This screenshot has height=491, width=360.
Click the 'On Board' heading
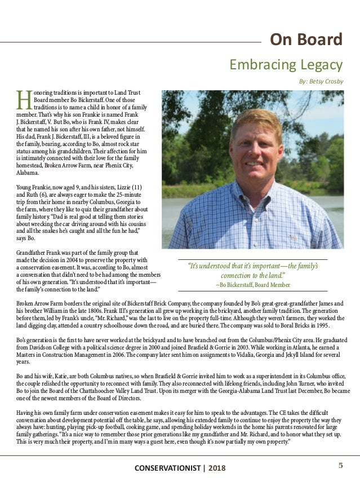[306, 40]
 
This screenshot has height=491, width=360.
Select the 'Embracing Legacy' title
[286, 64]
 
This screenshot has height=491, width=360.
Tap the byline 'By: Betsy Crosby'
[321, 81]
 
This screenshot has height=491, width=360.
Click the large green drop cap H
[23, 100]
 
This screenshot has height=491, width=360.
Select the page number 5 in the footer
[340, 465]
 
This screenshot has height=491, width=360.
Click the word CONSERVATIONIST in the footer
[167, 468]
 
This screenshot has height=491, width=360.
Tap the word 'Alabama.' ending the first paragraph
[29, 175]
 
